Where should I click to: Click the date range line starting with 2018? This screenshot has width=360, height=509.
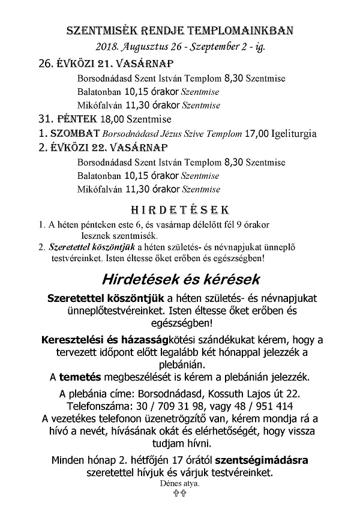pos(180,46)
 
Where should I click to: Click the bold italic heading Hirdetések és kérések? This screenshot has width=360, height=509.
pos(181,280)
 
